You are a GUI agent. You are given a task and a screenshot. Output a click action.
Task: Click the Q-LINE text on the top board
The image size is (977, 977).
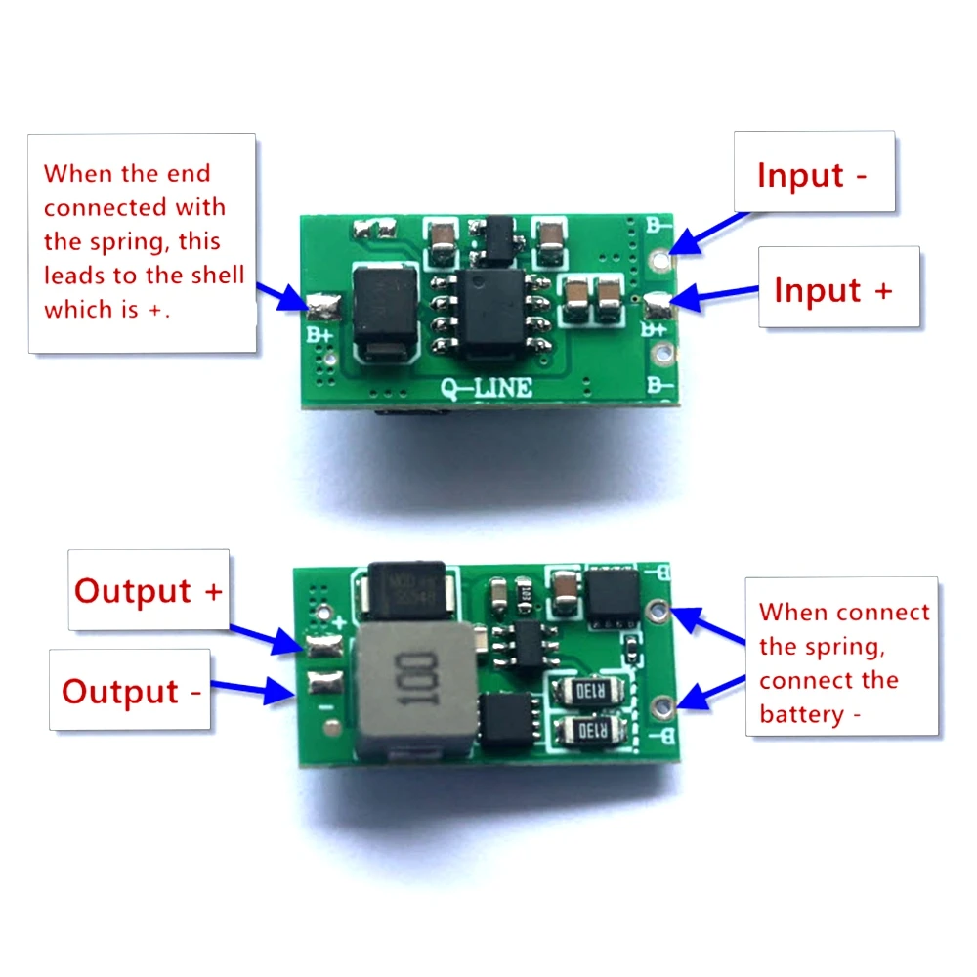[486, 387]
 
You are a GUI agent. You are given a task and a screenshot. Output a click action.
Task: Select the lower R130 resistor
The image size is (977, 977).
[587, 731]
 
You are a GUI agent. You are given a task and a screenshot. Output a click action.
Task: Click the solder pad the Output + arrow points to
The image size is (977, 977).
[321, 646]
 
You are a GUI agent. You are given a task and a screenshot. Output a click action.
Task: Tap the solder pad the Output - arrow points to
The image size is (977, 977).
[319, 683]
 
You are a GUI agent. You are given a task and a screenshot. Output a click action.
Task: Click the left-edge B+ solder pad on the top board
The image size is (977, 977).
[322, 308]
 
